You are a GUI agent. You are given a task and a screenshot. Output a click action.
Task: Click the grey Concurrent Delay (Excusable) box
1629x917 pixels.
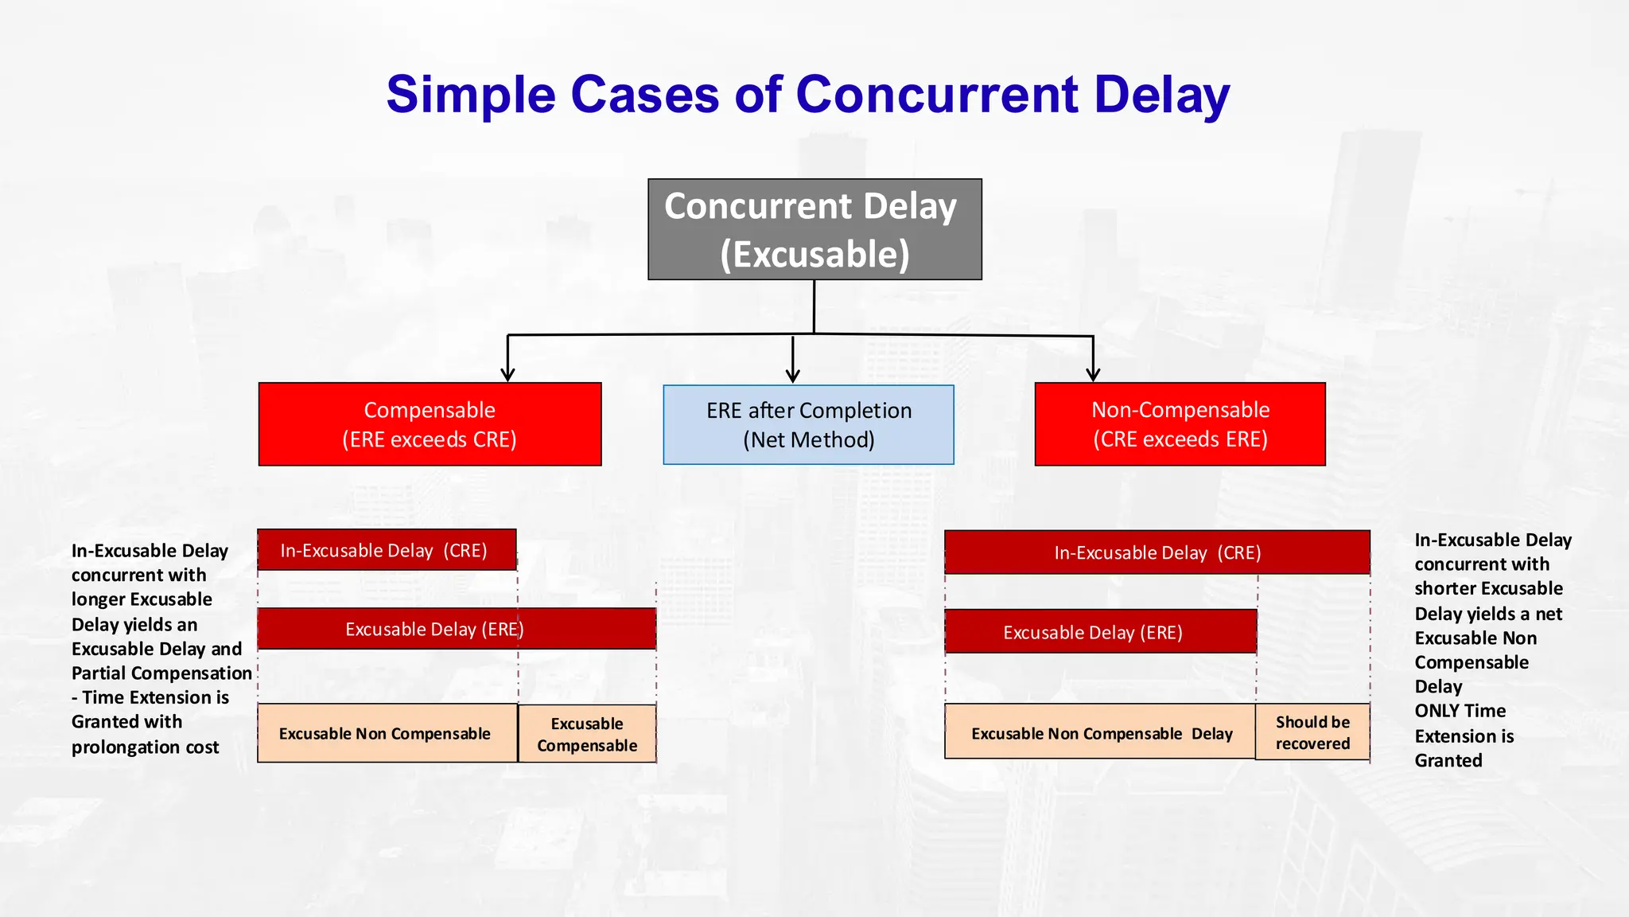click(814, 229)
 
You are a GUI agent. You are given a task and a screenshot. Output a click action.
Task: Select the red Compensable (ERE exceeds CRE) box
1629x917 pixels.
click(430, 424)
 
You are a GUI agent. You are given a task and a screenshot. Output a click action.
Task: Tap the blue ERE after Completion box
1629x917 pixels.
click(808, 425)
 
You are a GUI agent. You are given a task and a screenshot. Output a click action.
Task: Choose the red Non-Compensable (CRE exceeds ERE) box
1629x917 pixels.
click(1180, 424)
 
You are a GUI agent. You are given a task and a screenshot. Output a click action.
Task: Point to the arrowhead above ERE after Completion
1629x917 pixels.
click(792, 375)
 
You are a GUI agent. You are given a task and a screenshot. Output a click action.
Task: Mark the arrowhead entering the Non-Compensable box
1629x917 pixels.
click(1093, 374)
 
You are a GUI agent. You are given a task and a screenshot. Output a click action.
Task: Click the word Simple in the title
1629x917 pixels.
click(470, 95)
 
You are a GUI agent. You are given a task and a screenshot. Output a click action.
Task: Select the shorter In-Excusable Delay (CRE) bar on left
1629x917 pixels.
click(387, 550)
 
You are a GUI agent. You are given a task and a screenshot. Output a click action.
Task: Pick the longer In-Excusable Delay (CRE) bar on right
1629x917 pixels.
click(1157, 552)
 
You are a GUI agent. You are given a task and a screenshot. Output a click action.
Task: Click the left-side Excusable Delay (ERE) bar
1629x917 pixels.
click(457, 629)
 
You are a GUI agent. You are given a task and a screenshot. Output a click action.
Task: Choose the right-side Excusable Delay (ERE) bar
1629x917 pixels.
click(1100, 632)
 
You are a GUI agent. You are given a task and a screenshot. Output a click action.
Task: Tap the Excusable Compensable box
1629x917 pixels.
click(587, 734)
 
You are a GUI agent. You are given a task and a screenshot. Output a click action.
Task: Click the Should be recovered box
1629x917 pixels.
click(1312, 732)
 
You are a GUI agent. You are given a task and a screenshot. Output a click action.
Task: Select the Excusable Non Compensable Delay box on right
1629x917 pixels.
click(1100, 732)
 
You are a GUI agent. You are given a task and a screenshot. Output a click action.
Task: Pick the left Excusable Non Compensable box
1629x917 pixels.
click(387, 733)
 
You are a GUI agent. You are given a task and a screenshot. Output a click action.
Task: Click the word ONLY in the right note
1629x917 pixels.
click(1437, 711)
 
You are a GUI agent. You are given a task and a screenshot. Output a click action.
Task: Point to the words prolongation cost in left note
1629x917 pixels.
click(145, 747)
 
